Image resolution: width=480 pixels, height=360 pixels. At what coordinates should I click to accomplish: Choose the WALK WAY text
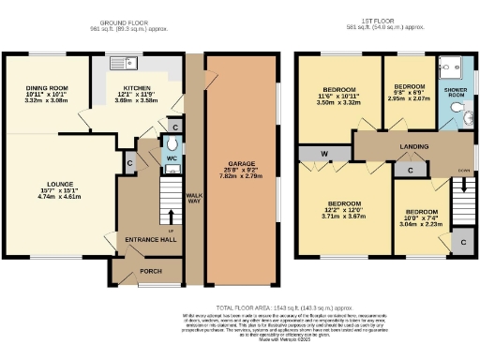click(x=194, y=199)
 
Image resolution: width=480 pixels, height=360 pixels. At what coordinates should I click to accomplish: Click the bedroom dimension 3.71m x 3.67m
click(x=346, y=216)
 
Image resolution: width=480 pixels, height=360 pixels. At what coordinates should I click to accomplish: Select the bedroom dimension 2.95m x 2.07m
click(x=409, y=97)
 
